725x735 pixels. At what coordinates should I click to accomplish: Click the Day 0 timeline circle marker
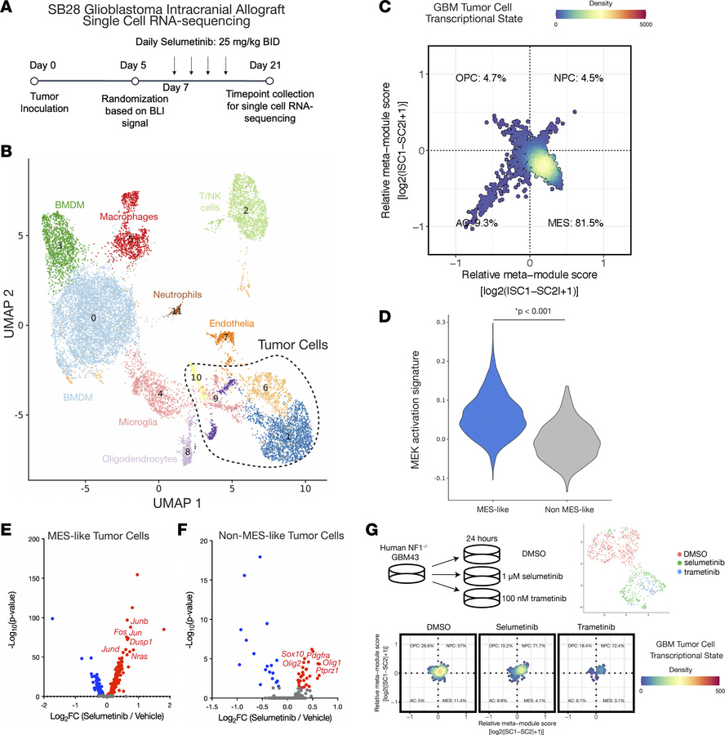coord(34,81)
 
